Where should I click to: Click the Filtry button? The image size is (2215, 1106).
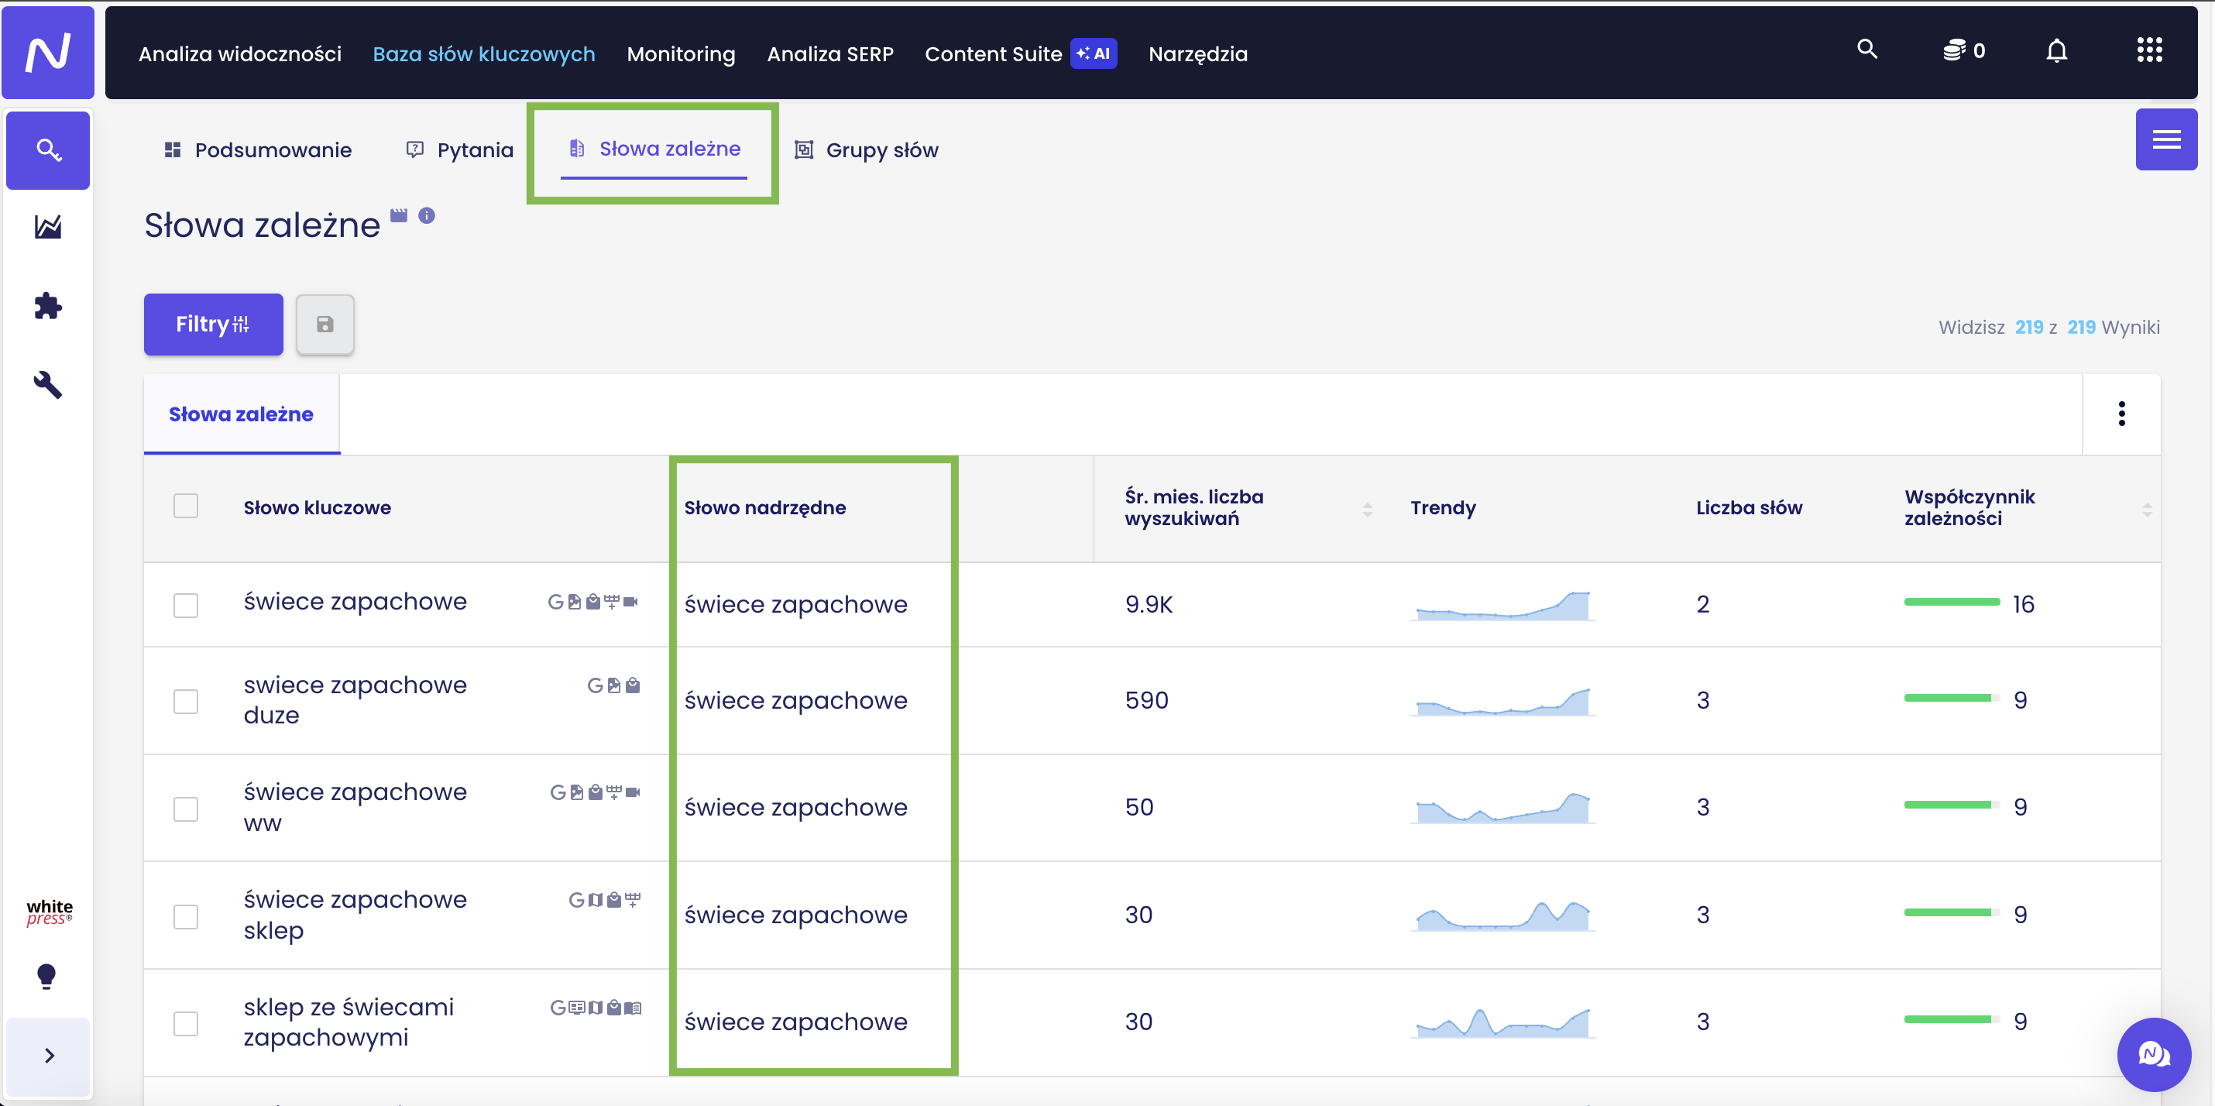[x=213, y=325]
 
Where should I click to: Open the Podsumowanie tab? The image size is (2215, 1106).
[x=258, y=149]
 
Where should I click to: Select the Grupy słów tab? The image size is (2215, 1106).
[x=866, y=149]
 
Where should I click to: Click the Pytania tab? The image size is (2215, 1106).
[x=460, y=149]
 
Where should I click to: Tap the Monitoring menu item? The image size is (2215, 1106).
[x=681, y=53]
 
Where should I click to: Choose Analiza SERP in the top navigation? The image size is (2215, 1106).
[x=829, y=53]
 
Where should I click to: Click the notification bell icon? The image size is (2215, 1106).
[x=2056, y=51]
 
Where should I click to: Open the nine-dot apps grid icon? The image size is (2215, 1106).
[x=2149, y=50]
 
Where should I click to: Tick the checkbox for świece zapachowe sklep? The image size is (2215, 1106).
[x=186, y=916]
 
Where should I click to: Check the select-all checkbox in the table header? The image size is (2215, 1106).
[x=186, y=506]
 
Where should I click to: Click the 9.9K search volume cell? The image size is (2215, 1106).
[x=1149, y=604]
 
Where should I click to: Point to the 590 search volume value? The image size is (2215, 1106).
[x=1146, y=700]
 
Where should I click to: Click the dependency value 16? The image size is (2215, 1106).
[x=2023, y=604]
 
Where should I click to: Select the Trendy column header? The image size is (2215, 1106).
[x=1443, y=507]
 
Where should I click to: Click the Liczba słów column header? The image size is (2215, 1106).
[x=1749, y=507]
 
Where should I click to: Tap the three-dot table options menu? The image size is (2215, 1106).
[x=2121, y=414]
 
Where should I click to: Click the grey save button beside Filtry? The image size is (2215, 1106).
[x=325, y=325]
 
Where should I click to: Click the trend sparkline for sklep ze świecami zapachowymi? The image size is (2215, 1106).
[x=1502, y=1022]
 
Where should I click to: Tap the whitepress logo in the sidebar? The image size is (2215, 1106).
[x=49, y=912]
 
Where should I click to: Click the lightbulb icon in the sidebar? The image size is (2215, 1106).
[x=46, y=976]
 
